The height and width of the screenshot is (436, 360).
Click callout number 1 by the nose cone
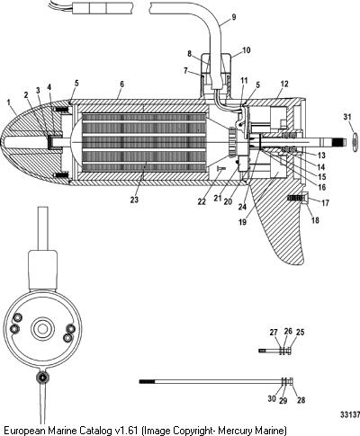[9, 102]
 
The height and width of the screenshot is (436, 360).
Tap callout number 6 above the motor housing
[121, 85]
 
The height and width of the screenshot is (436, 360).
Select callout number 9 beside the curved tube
[234, 17]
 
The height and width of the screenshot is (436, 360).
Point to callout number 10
[246, 50]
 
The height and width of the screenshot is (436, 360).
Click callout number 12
[284, 84]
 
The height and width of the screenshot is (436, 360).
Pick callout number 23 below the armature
[134, 200]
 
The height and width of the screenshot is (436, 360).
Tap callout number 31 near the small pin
[347, 117]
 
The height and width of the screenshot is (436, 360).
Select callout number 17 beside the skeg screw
[325, 203]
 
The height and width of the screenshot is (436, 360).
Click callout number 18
[315, 220]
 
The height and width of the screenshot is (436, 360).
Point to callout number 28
[301, 400]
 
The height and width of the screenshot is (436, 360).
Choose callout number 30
[272, 399]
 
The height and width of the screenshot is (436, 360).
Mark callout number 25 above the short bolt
[300, 332]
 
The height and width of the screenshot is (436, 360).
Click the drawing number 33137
[350, 414]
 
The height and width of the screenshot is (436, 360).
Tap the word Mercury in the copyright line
[234, 430]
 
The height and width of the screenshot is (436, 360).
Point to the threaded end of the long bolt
[147, 381]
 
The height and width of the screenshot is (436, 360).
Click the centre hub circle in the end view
[43, 328]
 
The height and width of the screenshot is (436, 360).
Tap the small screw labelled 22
[220, 169]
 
